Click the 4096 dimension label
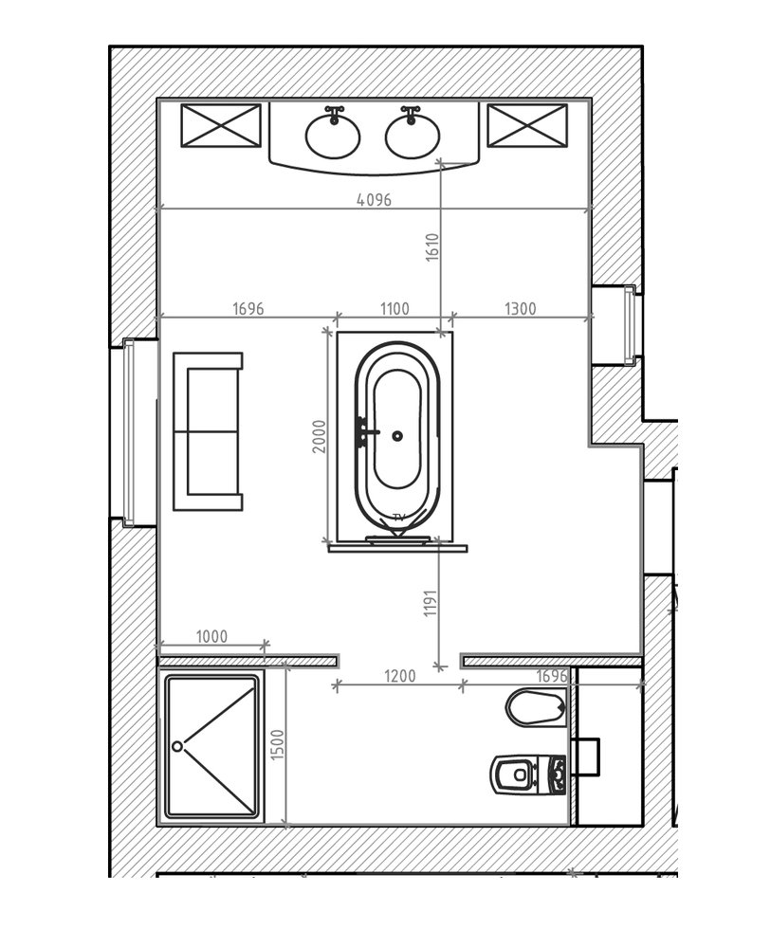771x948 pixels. [x=374, y=199]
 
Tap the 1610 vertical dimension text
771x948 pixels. [x=431, y=247]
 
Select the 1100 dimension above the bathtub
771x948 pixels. [x=395, y=309]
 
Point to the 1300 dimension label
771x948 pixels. [x=520, y=309]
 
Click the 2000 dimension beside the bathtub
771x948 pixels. [x=320, y=436]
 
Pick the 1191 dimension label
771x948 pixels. [x=430, y=603]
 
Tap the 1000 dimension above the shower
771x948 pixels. [x=211, y=637]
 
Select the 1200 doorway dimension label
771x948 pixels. [x=399, y=675]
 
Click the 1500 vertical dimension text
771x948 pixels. [x=277, y=745]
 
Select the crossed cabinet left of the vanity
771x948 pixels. [x=221, y=125]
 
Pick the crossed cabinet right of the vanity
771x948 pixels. [x=527, y=125]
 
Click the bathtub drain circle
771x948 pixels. [x=397, y=435]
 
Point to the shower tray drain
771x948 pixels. [x=177, y=747]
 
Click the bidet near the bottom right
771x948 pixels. [x=536, y=707]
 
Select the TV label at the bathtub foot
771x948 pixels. [x=398, y=517]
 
